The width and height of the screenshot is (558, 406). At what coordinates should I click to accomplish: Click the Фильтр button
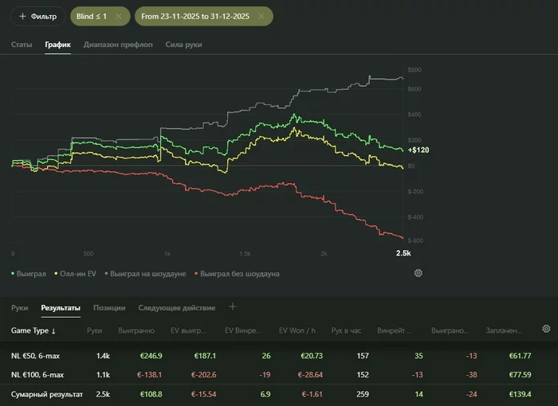click(x=38, y=16)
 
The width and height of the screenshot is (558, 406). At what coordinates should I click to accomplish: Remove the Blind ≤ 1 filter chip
click(x=119, y=16)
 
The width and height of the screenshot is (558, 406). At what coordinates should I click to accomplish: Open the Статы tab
click(x=22, y=45)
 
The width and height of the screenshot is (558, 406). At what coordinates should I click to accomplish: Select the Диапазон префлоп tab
click(x=119, y=45)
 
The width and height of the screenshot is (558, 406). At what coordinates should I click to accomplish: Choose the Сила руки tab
click(x=183, y=45)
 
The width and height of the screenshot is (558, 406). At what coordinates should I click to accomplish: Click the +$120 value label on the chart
click(x=418, y=150)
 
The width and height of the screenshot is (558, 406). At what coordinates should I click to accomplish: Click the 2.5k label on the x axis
click(x=403, y=253)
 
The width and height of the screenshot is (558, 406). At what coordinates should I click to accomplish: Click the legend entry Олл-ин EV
click(x=77, y=273)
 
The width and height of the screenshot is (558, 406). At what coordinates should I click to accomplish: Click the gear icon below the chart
click(x=418, y=273)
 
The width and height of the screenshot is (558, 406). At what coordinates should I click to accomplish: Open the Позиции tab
click(x=108, y=307)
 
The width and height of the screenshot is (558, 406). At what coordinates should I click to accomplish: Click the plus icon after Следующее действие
click(x=233, y=306)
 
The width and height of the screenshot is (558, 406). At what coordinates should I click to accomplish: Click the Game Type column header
click(x=33, y=330)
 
